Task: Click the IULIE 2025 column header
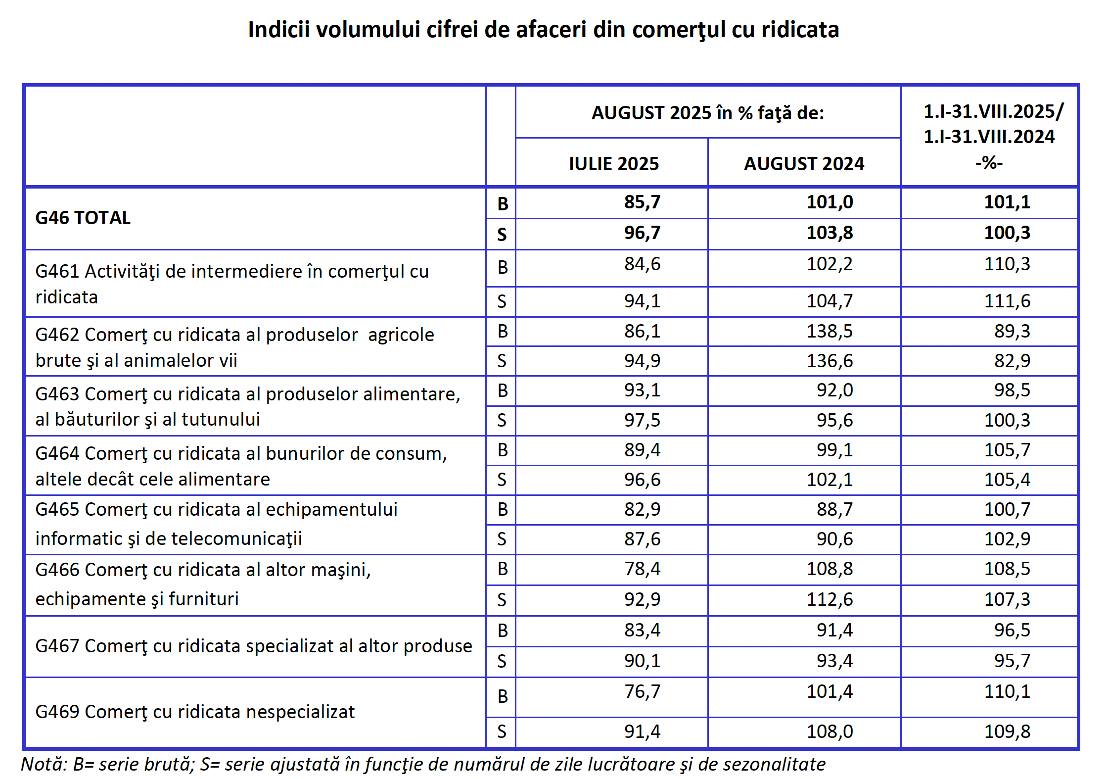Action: click(613, 164)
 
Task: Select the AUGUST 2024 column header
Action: click(804, 164)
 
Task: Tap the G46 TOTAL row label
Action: click(83, 218)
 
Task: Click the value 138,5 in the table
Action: click(830, 331)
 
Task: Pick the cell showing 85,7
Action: click(642, 202)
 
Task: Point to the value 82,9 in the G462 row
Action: click(1012, 361)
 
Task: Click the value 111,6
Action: click(1007, 301)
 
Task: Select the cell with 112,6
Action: click(830, 599)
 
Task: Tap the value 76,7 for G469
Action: click(642, 691)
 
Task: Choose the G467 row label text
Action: click(253, 646)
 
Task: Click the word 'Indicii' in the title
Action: click(278, 30)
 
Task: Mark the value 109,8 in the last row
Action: click(1007, 731)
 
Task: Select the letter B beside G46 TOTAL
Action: click(503, 204)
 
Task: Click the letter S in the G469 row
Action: click(502, 732)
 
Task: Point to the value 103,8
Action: click(830, 233)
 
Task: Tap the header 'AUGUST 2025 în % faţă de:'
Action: click(707, 113)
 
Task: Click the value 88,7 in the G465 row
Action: click(834, 509)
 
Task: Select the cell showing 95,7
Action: click(1012, 661)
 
